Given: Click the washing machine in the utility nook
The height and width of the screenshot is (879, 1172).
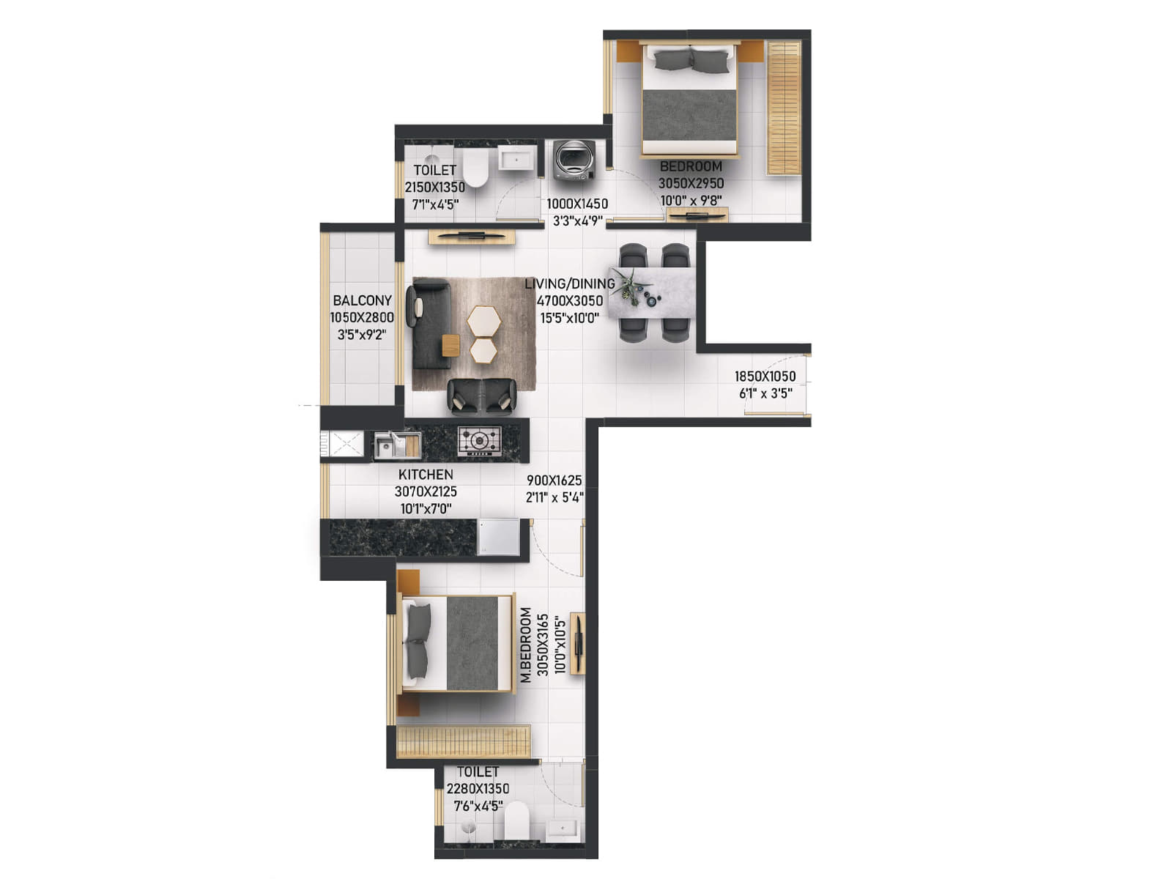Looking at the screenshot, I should (x=574, y=160).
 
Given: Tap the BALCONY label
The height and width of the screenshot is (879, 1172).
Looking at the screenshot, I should (x=362, y=300).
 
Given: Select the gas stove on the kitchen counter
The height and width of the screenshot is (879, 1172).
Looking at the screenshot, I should (x=480, y=441).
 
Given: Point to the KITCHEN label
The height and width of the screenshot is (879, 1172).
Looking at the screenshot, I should (x=426, y=475).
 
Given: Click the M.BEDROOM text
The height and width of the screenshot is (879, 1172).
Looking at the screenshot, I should (x=526, y=645).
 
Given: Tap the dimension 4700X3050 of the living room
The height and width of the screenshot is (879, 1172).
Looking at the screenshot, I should (x=570, y=300).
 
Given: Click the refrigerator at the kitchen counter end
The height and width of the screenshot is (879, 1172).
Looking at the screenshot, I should (x=499, y=537).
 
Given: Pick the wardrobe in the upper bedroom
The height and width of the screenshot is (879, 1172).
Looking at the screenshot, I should (x=783, y=108).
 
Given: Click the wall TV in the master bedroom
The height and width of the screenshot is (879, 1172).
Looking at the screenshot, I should (x=578, y=642).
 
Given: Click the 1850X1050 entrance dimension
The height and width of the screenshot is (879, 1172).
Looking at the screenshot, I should (x=765, y=377).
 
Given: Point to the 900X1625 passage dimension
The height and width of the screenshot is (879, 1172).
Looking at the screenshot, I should (x=554, y=481).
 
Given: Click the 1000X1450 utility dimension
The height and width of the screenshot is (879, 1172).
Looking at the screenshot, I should (x=577, y=204).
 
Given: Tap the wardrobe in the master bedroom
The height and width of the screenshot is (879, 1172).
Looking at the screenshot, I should (x=463, y=741).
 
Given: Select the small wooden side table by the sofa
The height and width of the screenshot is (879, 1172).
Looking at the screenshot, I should (x=450, y=344).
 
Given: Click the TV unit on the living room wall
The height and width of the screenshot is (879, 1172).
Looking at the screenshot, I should (x=472, y=237).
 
